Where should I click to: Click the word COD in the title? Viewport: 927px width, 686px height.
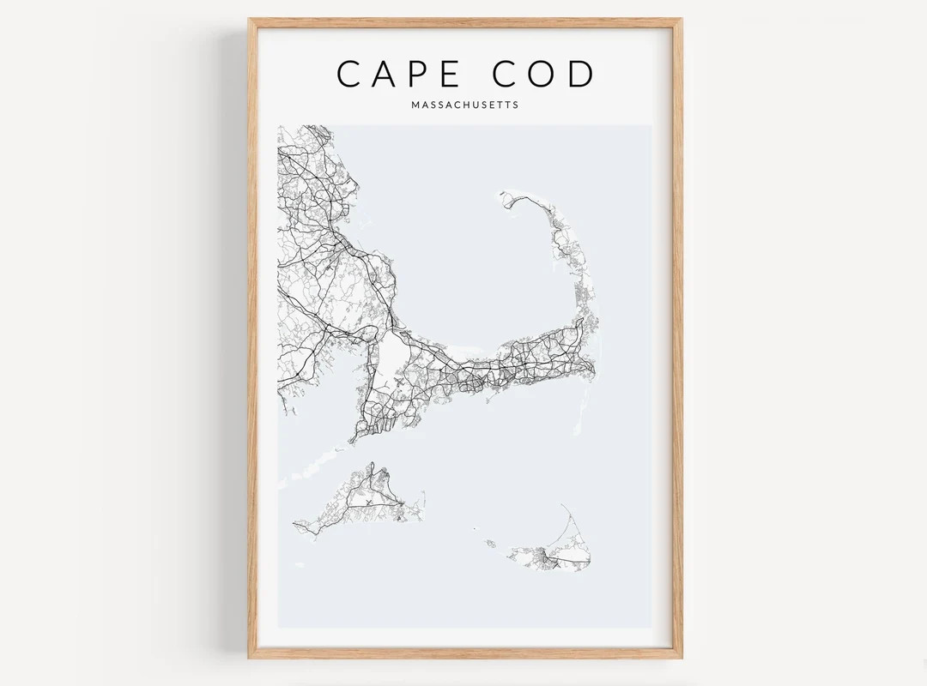(x=543, y=74)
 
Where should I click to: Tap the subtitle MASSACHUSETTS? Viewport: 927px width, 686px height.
(x=465, y=106)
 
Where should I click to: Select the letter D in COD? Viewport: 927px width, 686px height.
(x=581, y=74)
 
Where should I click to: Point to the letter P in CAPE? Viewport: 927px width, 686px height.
(x=413, y=74)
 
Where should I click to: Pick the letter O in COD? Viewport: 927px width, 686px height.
(x=543, y=74)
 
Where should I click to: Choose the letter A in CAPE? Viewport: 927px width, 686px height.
(x=380, y=74)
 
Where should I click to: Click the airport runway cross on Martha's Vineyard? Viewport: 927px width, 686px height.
(x=369, y=502)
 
